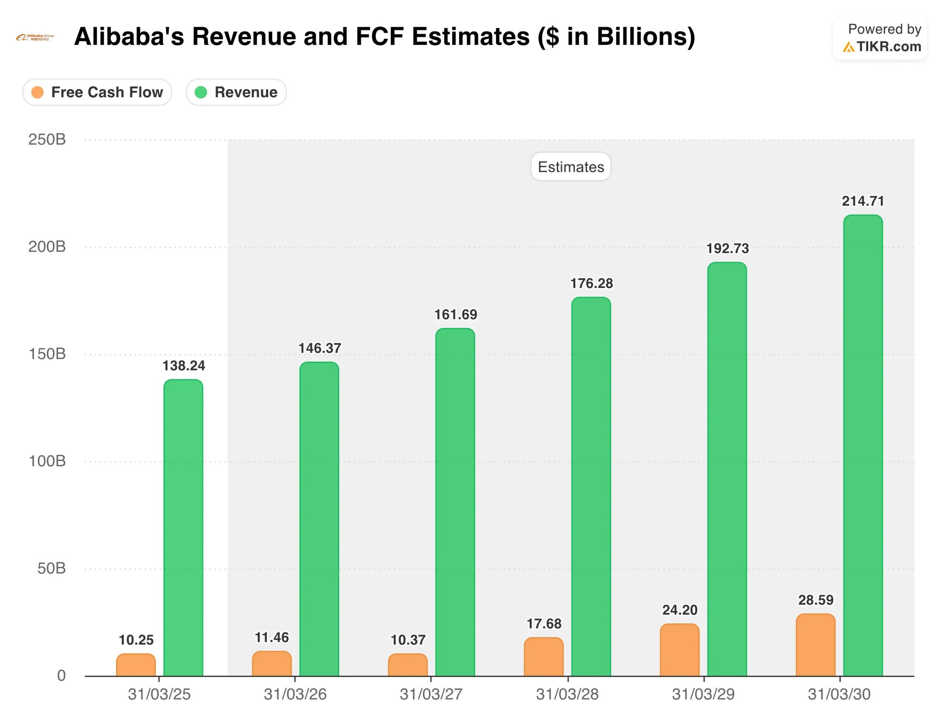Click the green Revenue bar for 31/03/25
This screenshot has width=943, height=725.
pyautogui.click(x=183, y=527)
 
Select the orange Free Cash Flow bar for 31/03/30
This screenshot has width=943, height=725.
pyautogui.click(x=815, y=645)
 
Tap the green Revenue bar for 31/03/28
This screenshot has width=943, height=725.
pyautogui.click(x=591, y=486)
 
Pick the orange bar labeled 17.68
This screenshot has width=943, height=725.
pyautogui.click(x=544, y=657)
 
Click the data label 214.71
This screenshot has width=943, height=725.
pyautogui.click(x=863, y=201)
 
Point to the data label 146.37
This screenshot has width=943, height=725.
pyautogui.click(x=319, y=348)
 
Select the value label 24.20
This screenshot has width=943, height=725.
pyautogui.click(x=680, y=610)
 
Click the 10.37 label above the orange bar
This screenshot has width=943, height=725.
pyautogui.click(x=408, y=640)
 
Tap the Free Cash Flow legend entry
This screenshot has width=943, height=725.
pyautogui.click(x=98, y=92)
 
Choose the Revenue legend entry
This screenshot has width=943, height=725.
pyautogui.click(x=236, y=92)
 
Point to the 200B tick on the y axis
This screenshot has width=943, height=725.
pyautogui.click(x=47, y=247)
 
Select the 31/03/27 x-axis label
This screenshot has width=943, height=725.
pyautogui.click(x=431, y=694)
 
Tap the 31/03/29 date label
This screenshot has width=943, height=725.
pyautogui.click(x=703, y=694)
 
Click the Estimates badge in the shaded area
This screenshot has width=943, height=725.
pyautogui.click(x=570, y=167)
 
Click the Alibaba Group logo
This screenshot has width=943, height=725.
pyautogui.click(x=35, y=38)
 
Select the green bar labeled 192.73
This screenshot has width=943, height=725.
pyautogui.click(x=727, y=469)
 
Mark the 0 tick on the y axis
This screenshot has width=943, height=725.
pyautogui.click(x=61, y=675)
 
